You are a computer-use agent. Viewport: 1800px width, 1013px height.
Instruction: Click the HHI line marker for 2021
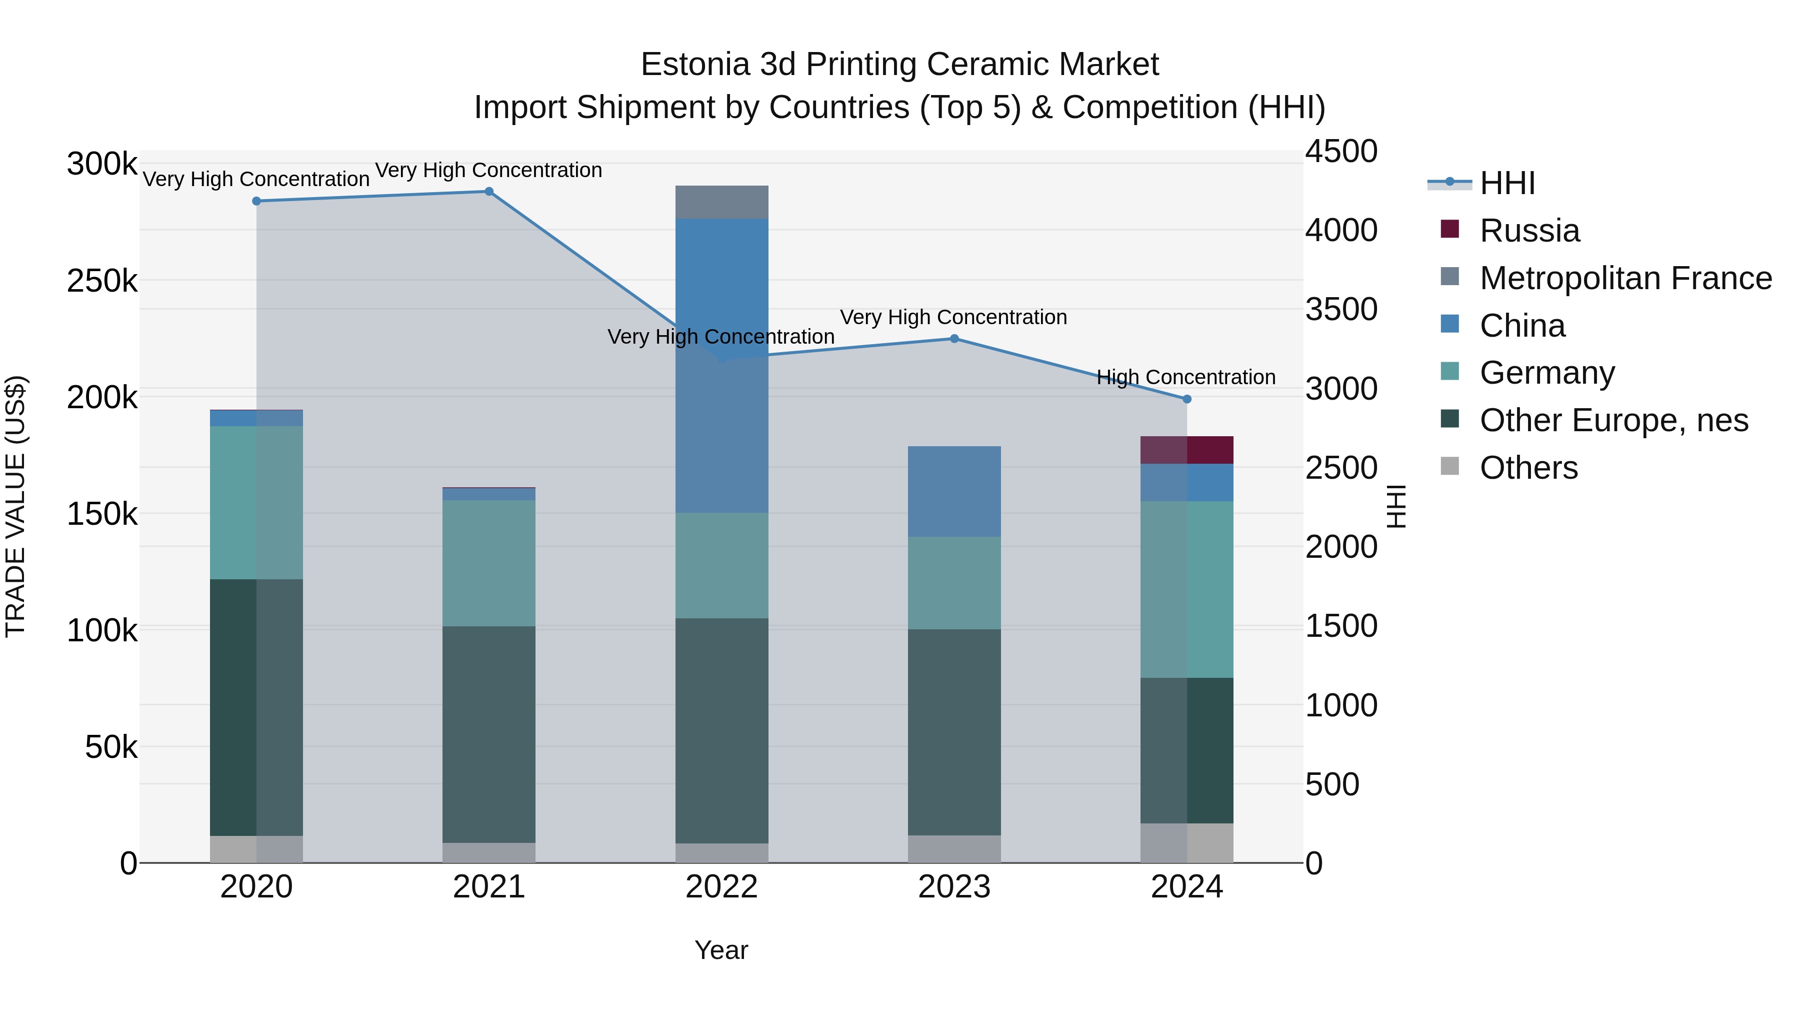point(489,192)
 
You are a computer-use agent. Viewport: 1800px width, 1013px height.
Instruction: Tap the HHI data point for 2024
point(1186,399)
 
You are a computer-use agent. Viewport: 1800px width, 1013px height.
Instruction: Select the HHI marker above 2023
point(954,339)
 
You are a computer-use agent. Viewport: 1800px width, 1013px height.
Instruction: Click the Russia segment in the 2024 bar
point(1186,450)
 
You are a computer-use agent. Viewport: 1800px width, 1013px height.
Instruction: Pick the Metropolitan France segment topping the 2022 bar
point(722,202)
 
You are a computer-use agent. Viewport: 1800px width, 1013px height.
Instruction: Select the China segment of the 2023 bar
point(954,491)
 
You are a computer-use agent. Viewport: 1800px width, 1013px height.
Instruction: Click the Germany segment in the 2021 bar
point(489,563)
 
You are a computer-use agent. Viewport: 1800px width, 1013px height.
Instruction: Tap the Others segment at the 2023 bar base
point(954,849)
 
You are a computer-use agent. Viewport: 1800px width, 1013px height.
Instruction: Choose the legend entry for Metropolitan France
point(1625,278)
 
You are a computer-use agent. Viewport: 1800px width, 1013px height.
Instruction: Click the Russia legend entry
point(1529,231)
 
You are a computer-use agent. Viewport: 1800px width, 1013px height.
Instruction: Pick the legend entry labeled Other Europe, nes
point(1613,421)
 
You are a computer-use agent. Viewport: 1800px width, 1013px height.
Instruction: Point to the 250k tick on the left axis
point(102,282)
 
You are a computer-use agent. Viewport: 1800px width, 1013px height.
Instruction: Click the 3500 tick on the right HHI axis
point(1341,310)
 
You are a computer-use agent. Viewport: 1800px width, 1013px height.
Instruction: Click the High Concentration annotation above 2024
point(1186,378)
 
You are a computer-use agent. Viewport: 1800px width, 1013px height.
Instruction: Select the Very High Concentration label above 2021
point(488,171)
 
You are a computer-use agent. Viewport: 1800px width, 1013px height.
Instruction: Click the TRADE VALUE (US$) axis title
point(16,507)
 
